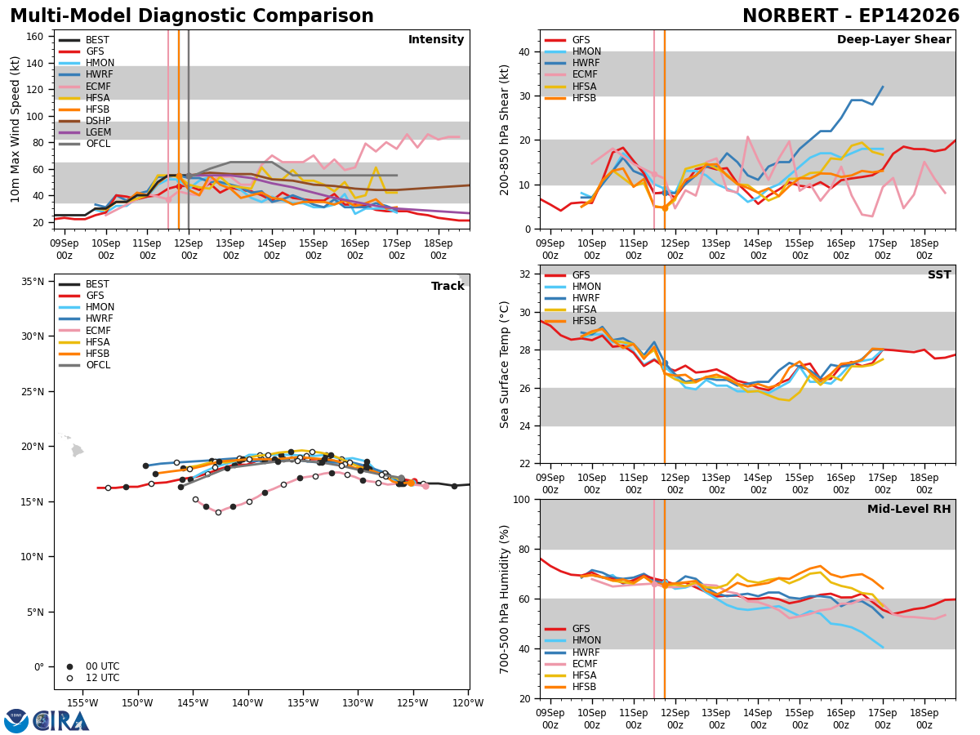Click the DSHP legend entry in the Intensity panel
85,121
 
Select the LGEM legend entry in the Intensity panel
85,132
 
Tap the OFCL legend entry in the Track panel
84,365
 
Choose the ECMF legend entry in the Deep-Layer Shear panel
571,74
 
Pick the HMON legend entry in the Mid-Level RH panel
572,640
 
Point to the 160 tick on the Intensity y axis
34,37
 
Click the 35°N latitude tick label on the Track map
33,282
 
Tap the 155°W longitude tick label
82,703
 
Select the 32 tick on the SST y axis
524,274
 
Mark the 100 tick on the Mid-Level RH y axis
522,500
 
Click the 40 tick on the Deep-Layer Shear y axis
524,51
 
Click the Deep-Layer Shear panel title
893,39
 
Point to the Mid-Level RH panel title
909,509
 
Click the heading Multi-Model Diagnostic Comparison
192,16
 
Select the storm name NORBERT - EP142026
851,16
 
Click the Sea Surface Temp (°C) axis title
504,364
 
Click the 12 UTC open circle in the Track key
69,678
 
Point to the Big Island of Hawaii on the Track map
78,450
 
